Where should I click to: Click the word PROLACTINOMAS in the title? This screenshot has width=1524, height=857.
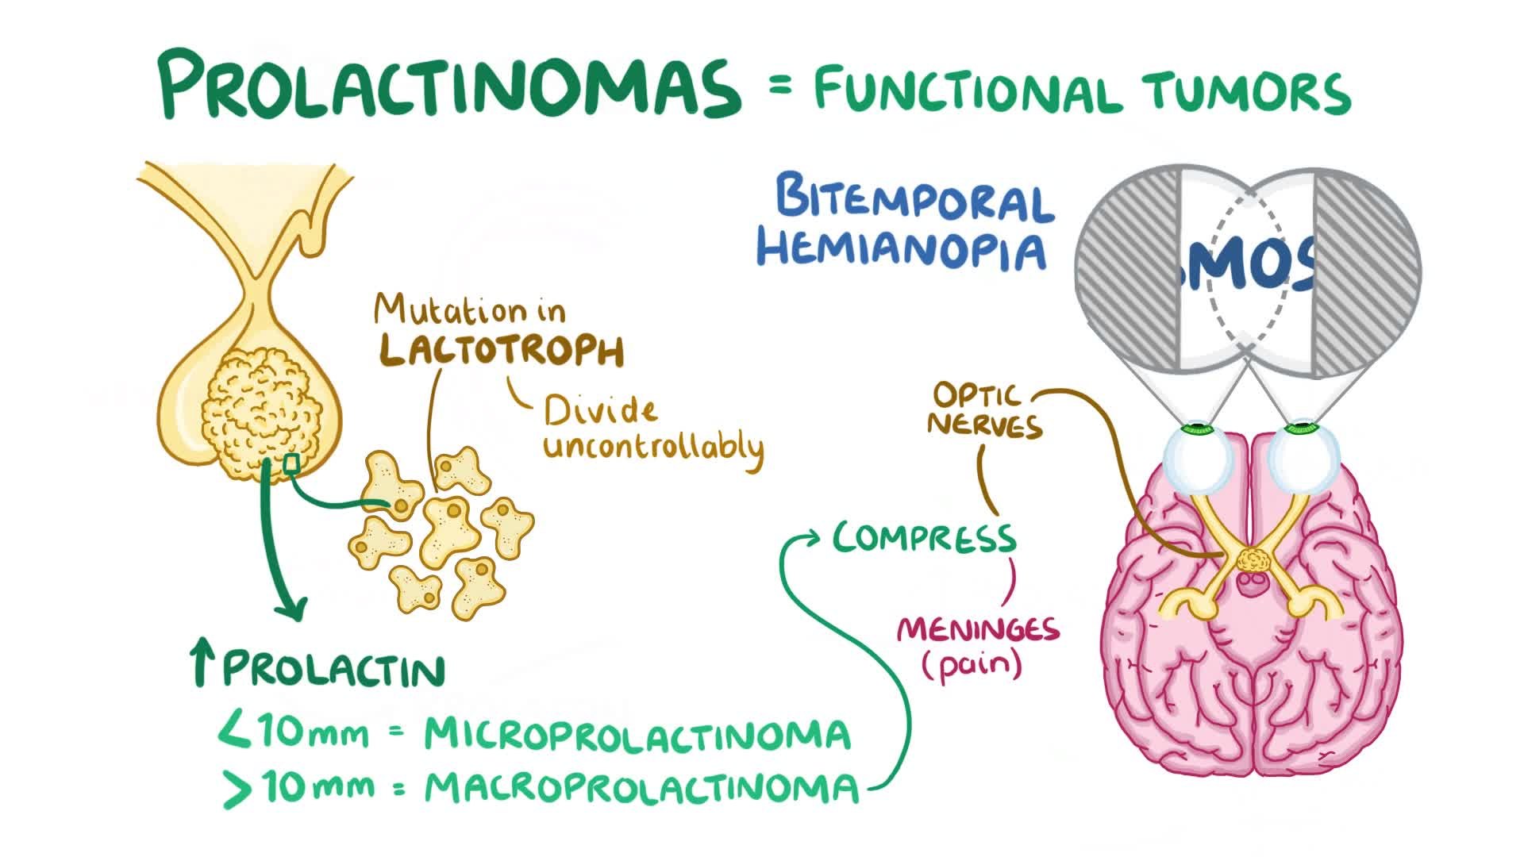448,83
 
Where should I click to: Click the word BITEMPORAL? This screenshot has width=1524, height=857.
914,201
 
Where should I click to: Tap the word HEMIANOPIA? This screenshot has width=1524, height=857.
901,248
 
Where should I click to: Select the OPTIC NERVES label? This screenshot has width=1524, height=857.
985,411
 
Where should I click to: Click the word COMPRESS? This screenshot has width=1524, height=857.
925,539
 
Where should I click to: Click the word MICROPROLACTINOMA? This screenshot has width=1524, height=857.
637,735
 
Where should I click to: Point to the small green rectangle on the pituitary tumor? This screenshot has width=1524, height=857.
292,464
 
